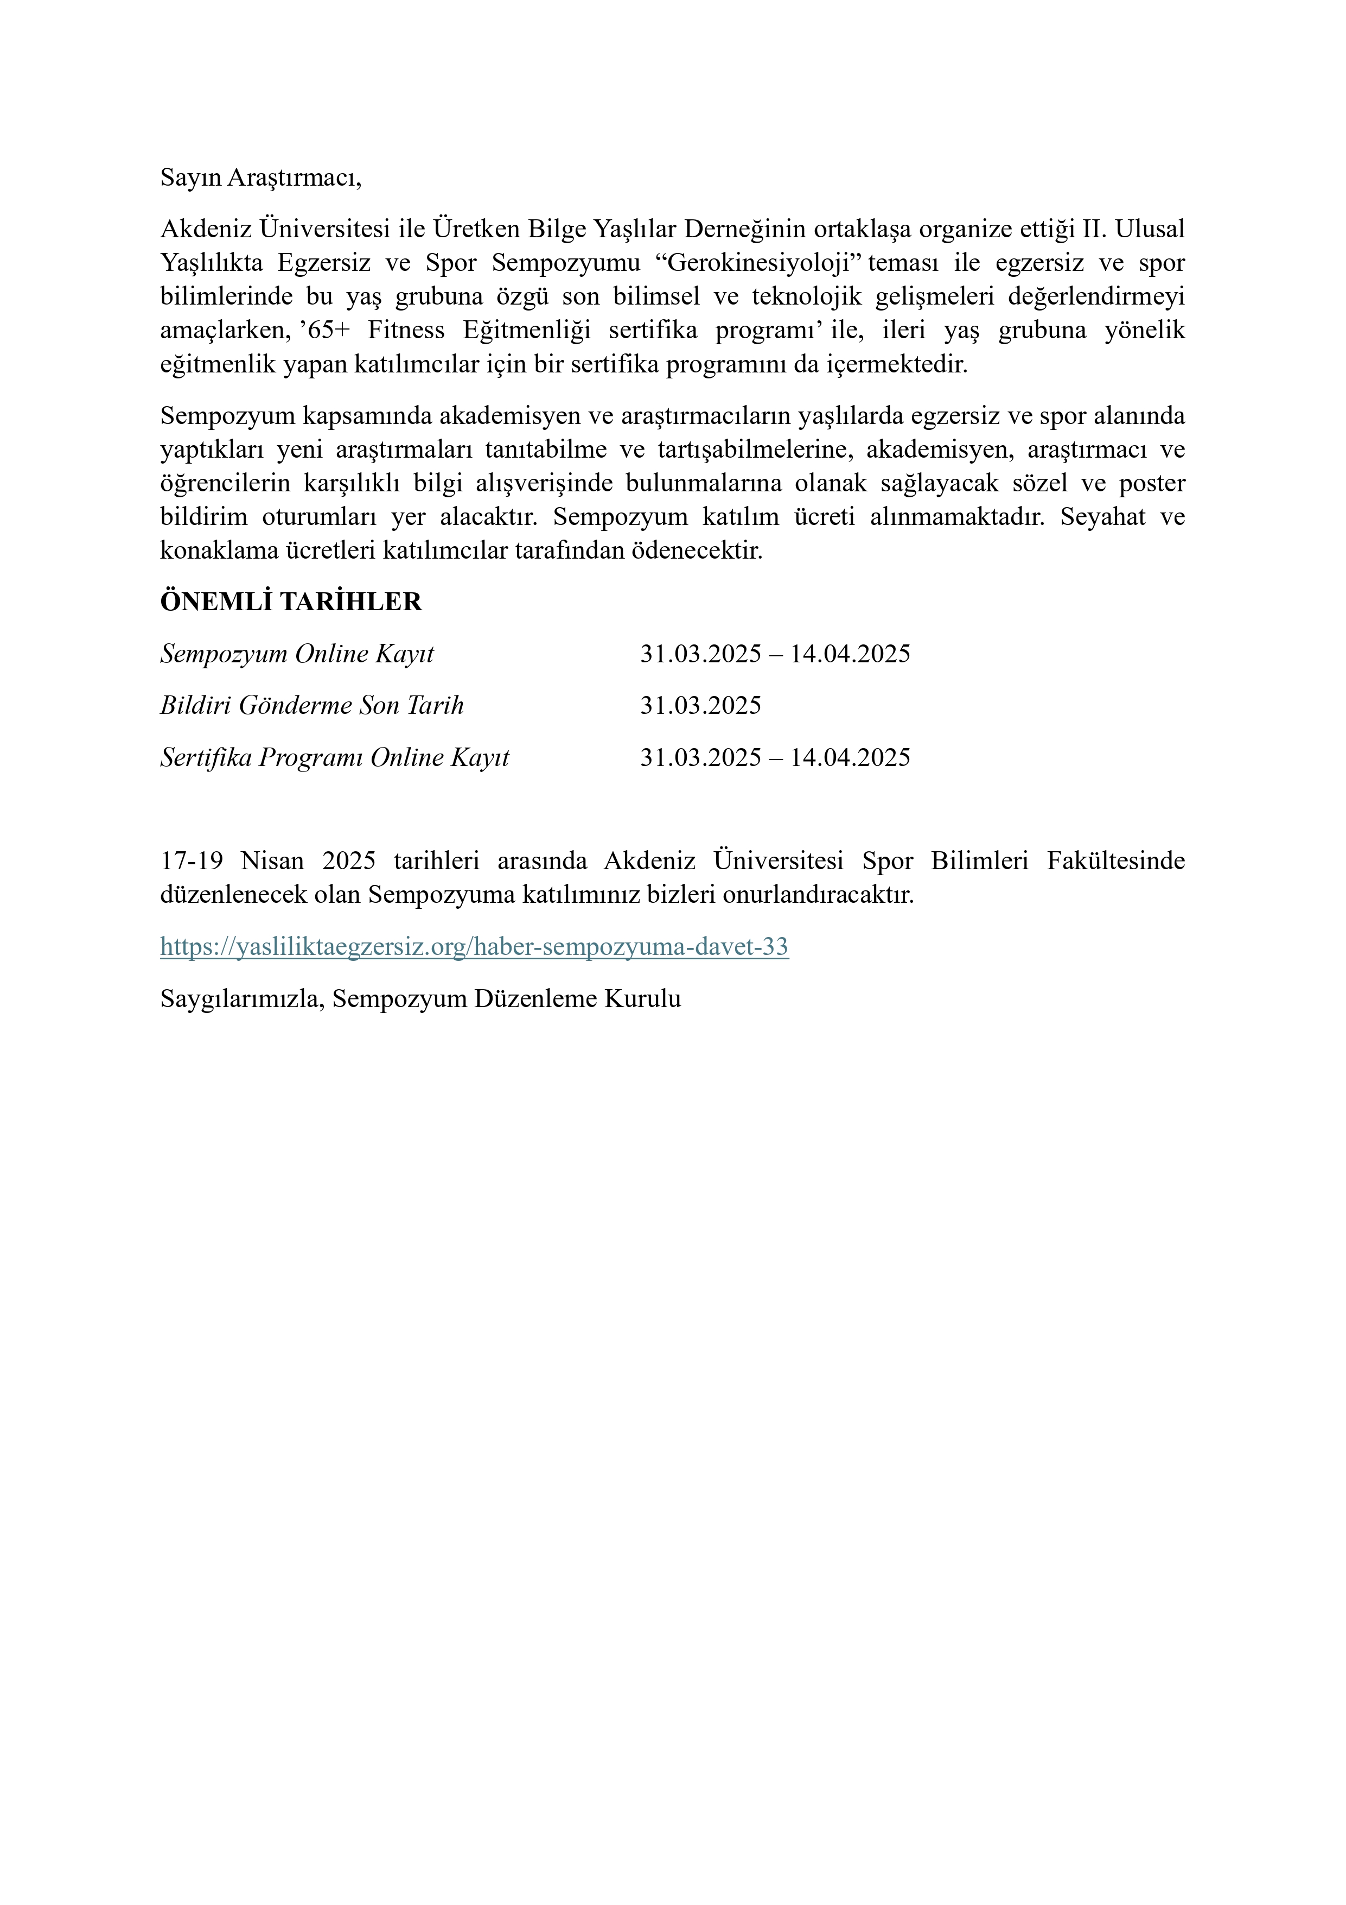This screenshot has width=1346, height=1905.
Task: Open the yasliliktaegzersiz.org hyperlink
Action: [474, 947]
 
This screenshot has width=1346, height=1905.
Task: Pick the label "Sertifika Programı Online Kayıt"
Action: [334, 757]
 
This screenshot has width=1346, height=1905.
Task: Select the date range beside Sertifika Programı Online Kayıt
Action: [775, 757]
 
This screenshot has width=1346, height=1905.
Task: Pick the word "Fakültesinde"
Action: [1115, 860]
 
